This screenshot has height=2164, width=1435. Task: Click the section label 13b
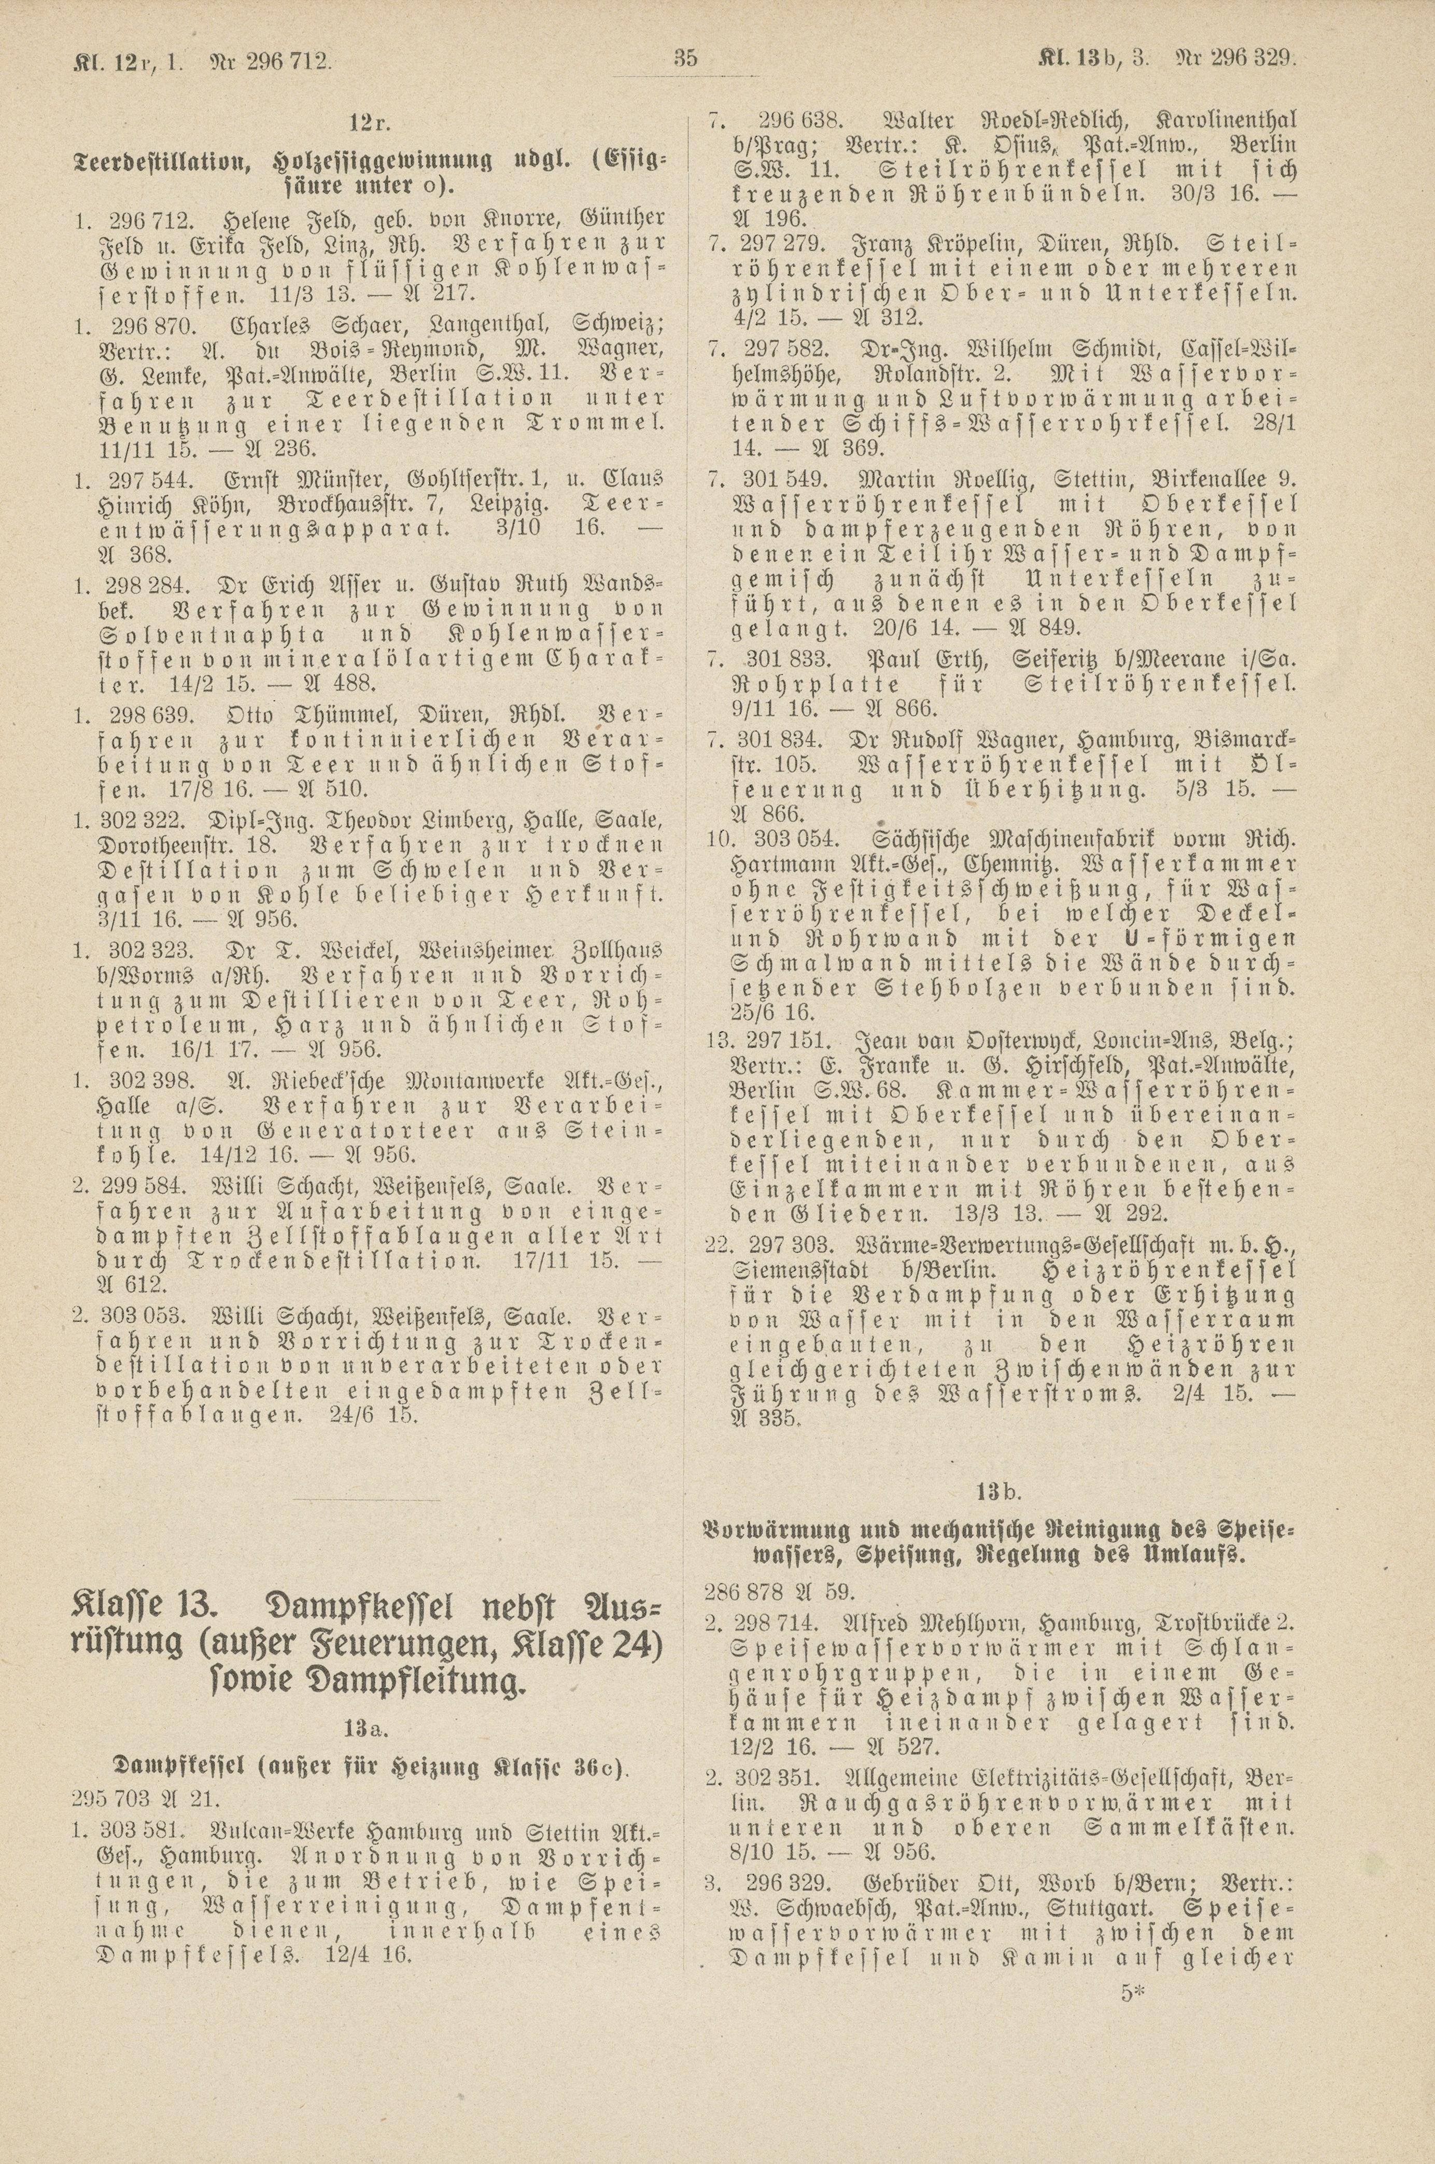[996, 1493]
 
